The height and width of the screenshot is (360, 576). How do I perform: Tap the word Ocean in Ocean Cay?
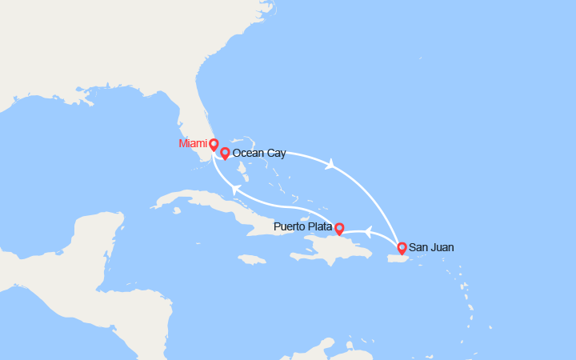tap(247, 153)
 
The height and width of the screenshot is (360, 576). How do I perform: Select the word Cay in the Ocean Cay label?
tap(275, 153)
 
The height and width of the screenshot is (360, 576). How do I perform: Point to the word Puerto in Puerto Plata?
tap(289, 226)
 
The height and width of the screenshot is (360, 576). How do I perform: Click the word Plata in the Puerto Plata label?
tap(318, 226)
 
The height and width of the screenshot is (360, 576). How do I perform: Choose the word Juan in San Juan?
tap(442, 248)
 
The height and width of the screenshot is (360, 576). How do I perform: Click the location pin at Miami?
tap(214, 145)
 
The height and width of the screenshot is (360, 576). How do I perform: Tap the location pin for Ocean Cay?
tap(225, 153)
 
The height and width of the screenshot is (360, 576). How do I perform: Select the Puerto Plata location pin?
tap(338, 229)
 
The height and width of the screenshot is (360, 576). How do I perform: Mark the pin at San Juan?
tap(402, 248)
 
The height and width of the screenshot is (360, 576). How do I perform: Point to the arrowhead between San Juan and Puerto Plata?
tap(368, 232)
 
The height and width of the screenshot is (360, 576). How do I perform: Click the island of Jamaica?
tap(251, 259)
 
